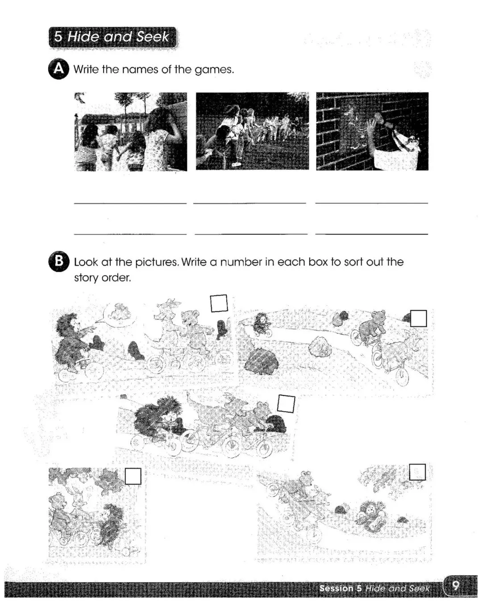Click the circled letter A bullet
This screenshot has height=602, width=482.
tap(59, 69)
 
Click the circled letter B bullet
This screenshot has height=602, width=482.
tap(59, 261)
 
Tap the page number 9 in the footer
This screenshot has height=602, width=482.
tap(456, 585)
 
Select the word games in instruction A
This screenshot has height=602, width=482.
tap(214, 70)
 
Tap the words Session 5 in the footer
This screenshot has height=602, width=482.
tap(341, 588)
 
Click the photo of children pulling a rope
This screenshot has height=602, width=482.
tap(252, 131)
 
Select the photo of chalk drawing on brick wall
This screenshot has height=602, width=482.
tap(372, 131)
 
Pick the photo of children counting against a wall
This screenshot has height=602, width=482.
tap(131, 132)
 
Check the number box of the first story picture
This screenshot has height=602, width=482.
tap(219, 303)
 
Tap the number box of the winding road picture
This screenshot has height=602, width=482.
tap(419, 318)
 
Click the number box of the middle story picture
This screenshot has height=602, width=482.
tap(286, 404)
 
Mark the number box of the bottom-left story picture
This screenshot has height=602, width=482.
tap(133, 476)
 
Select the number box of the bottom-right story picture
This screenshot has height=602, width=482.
tap(417, 472)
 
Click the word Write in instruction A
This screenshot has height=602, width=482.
tap(86, 69)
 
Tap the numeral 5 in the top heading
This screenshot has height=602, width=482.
tap(58, 37)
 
